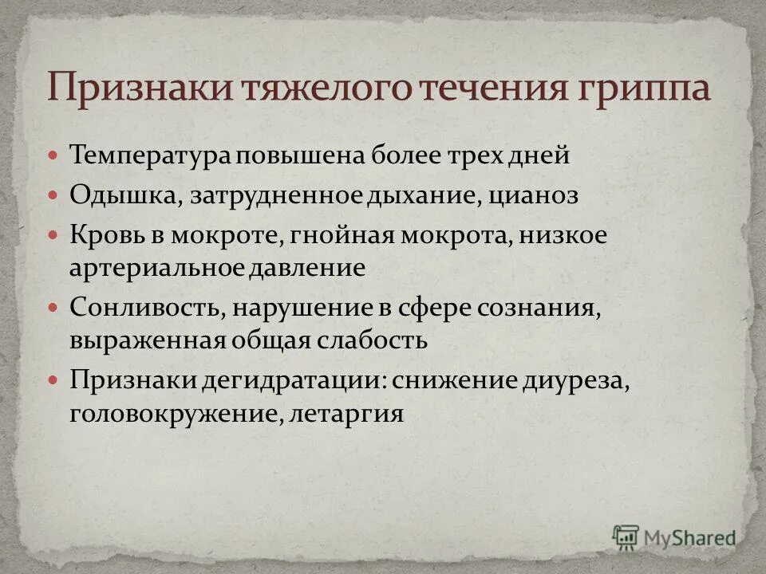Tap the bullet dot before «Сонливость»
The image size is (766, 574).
point(53,306)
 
